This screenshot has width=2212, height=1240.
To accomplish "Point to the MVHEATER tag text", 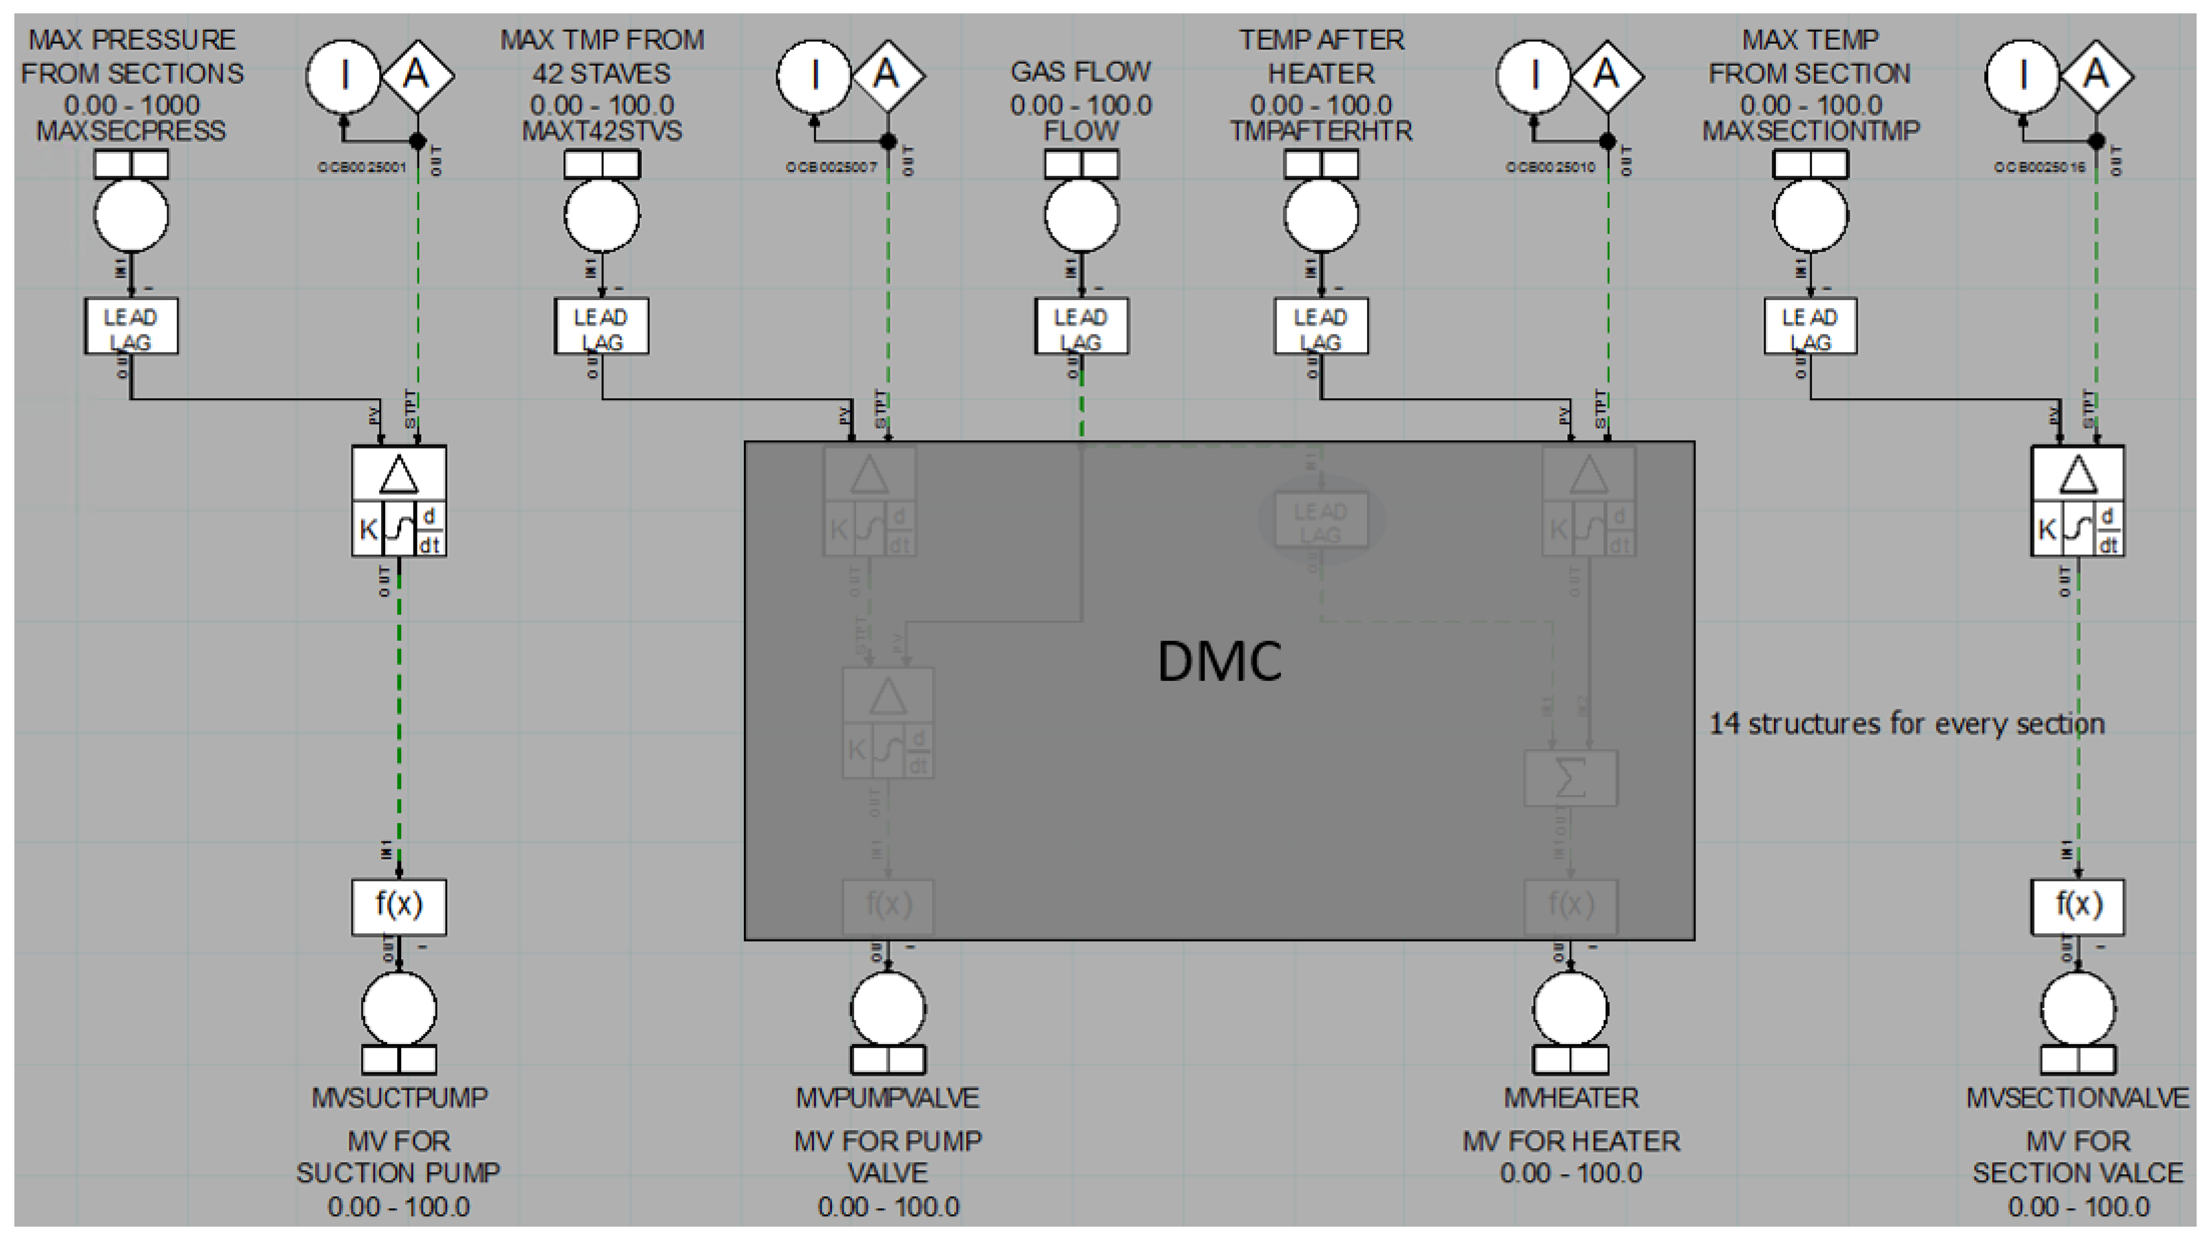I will pyautogui.click(x=1571, y=1097).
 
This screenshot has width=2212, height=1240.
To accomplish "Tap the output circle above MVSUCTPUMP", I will pyautogui.click(x=399, y=1009).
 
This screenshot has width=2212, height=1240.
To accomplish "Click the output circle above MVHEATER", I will pyautogui.click(x=1571, y=1009).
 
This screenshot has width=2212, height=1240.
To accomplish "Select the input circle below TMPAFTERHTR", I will pyautogui.click(x=1320, y=214).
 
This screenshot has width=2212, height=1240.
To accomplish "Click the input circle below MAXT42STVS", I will pyautogui.click(x=602, y=214).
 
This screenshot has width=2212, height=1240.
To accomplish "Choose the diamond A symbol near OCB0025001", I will pyautogui.click(x=418, y=75).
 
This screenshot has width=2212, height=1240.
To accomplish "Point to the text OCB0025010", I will pyautogui.click(x=1550, y=167).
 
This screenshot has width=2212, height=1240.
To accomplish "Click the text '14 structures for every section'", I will pyautogui.click(x=1906, y=724).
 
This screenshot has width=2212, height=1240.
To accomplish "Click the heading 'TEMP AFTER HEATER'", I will pyautogui.click(x=1320, y=56).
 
